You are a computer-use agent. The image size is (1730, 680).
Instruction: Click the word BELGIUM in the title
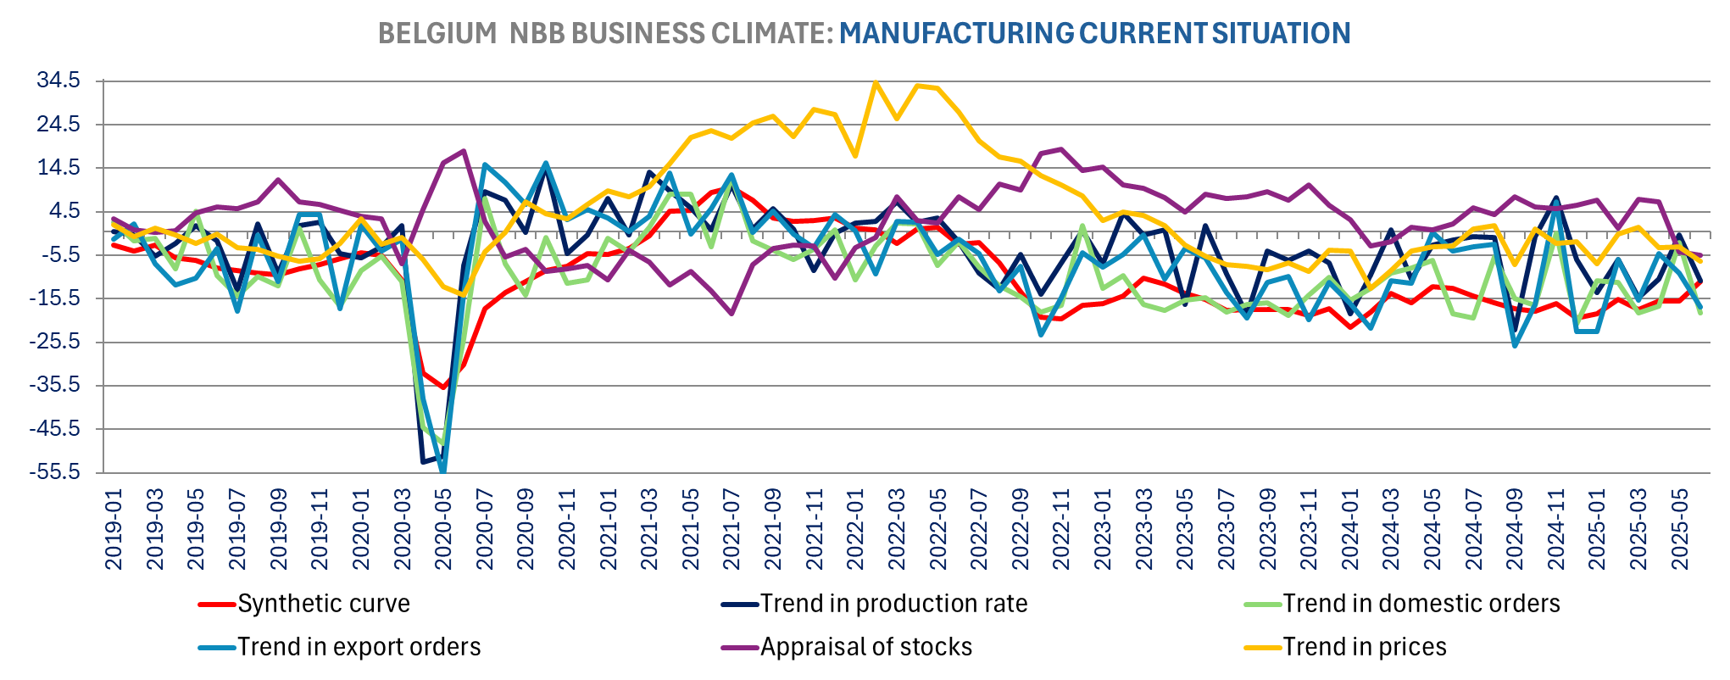pyautogui.click(x=437, y=33)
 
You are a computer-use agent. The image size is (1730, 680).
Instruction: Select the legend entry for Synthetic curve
pyautogui.click(x=323, y=604)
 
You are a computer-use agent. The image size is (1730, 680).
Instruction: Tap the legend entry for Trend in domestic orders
pyautogui.click(x=1421, y=604)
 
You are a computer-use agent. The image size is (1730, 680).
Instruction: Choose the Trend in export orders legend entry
pyautogui.click(x=359, y=647)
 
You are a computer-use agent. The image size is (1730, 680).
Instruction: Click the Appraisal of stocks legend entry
pyautogui.click(x=865, y=647)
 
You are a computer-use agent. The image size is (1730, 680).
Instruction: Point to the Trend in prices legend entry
pyautogui.click(x=1364, y=647)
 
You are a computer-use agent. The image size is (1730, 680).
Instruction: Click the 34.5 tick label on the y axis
pyautogui.click(x=58, y=81)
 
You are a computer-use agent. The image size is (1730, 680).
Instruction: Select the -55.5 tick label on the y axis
pyautogui.click(x=57, y=472)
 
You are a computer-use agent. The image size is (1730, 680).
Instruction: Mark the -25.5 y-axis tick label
pyautogui.click(x=57, y=342)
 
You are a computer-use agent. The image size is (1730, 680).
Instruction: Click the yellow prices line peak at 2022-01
pyautogui.click(x=876, y=81)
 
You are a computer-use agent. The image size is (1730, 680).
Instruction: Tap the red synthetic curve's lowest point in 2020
pyautogui.click(x=442, y=387)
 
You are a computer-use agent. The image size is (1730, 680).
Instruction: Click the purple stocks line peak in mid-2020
pyautogui.click(x=464, y=151)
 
